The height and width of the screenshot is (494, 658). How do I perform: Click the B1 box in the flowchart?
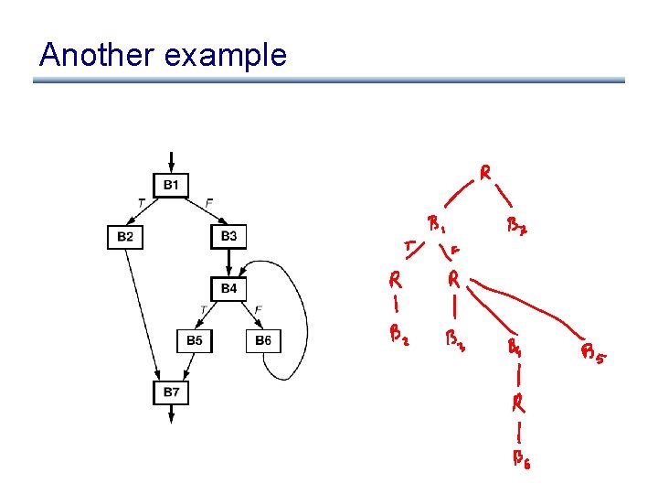[171, 186]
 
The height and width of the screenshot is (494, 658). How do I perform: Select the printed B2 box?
[125, 237]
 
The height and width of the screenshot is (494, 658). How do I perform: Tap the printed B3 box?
[228, 237]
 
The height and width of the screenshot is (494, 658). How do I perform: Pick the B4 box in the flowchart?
[228, 289]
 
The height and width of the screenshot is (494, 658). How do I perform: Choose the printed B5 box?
[195, 340]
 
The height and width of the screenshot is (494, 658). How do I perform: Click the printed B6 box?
[263, 340]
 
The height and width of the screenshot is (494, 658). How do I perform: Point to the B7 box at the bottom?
[171, 392]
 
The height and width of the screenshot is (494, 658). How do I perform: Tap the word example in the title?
[224, 57]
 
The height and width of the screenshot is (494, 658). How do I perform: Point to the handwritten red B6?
[520, 458]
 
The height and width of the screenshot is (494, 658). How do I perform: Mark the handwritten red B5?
[592, 353]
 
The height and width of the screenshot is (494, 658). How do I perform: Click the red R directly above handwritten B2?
[394, 278]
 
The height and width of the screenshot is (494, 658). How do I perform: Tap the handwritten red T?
[409, 244]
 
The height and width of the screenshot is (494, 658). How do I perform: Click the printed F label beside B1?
[210, 201]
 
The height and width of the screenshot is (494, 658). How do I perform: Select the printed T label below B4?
[202, 309]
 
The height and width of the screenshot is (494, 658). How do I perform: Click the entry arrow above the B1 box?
[171, 162]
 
